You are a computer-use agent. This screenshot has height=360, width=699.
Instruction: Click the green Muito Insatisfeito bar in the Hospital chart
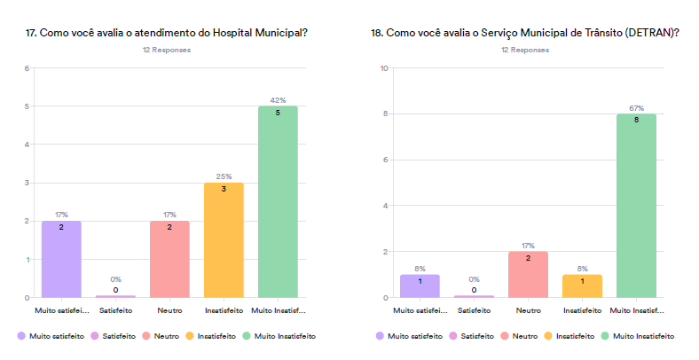[x=278, y=202]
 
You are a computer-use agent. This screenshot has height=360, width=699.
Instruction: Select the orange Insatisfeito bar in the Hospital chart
[x=224, y=239]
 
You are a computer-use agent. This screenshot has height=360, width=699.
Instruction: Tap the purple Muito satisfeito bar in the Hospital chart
[x=61, y=259]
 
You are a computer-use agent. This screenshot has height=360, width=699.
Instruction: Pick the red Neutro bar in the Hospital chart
[x=169, y=259]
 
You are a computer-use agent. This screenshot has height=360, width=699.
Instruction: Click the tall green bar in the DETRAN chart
[x=636, y=206]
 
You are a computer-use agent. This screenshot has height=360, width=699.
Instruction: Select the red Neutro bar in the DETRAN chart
[x=528, y=275]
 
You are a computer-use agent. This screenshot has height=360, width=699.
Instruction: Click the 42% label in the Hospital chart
[x=278, y=100]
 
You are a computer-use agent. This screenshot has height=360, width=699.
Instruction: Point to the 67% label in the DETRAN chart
[x=636, y=108]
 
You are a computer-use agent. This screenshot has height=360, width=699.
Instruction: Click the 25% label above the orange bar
[x=224, y=176]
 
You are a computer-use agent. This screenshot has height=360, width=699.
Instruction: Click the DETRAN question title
[x=525, y=33]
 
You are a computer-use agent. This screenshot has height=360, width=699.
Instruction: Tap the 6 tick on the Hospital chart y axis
[x=27, y=68]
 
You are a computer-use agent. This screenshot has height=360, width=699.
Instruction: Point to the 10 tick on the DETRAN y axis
[x=384, y=68]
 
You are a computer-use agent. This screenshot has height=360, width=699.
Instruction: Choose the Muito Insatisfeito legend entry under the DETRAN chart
[x=637, y=336]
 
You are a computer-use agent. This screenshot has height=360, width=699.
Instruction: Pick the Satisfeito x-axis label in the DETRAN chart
[x=474, y=310]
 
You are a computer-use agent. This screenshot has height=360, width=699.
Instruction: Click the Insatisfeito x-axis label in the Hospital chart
[x=224, y=310]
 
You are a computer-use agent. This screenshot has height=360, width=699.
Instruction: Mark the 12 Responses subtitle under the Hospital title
[x=167, y=51]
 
